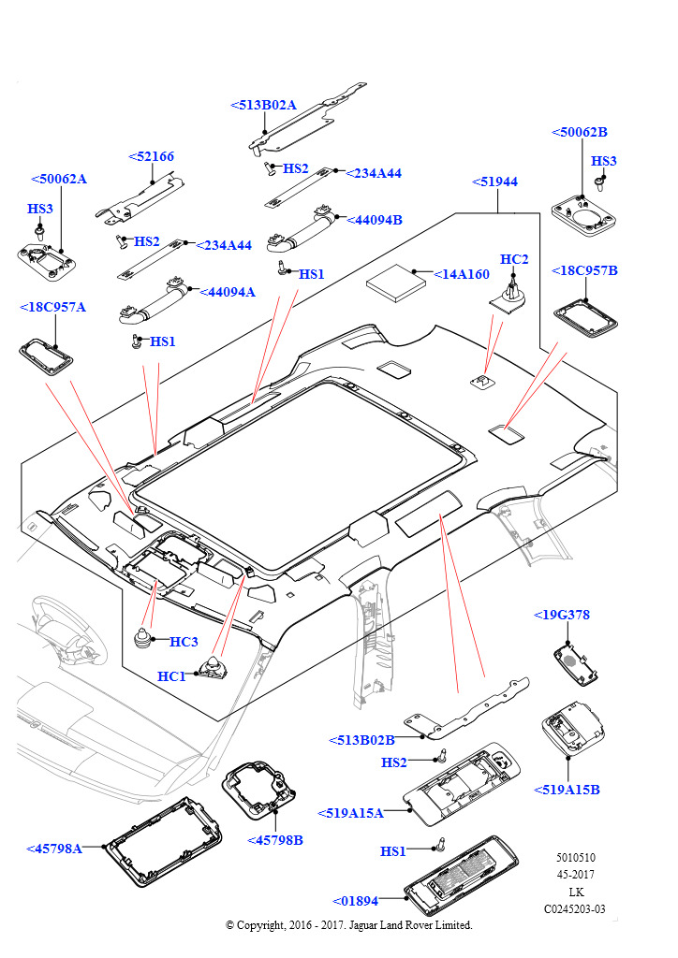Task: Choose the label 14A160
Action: pyautogui.click(x=462, y=274)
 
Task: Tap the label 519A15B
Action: pyautogui.click(x=567, y=790)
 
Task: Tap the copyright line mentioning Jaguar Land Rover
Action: pyautogui.click(x=349, y=925)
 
